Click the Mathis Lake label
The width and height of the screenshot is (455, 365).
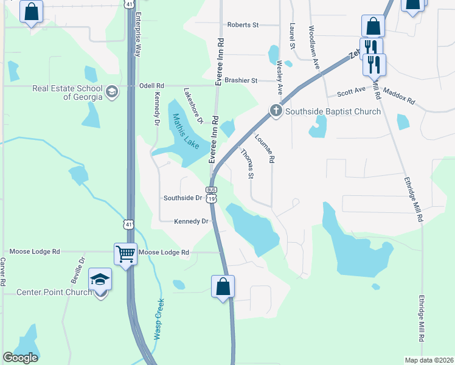[x=186, y=128]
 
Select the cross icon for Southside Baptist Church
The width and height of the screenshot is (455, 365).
[x=276, y=111]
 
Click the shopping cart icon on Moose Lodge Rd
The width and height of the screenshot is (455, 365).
[x=125, y=254]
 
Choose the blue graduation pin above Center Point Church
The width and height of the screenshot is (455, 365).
[x=100, y=279]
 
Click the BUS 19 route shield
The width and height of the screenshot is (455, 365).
[x=210, y=194]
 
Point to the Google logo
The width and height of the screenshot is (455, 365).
[x=21, y=358]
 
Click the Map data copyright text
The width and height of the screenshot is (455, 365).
[x=429, y=360]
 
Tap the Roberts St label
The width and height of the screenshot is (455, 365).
[x=243, y=25]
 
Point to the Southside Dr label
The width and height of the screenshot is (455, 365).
[x=182, y=198]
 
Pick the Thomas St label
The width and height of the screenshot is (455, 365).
[x=246, y=163]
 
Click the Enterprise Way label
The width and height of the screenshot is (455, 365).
[x=138, y=35]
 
